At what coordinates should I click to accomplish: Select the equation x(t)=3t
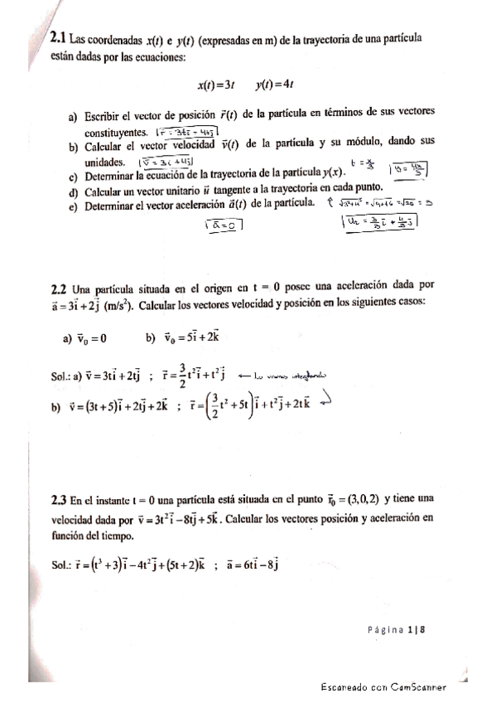[x=217, y=84]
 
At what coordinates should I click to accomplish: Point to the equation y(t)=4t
[x=274, y=84]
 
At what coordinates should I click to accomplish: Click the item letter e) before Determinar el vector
[x=73, y=203]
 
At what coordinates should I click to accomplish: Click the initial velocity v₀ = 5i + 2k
[x=193, y=337]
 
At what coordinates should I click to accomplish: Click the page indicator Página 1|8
[x=396, y=631]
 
